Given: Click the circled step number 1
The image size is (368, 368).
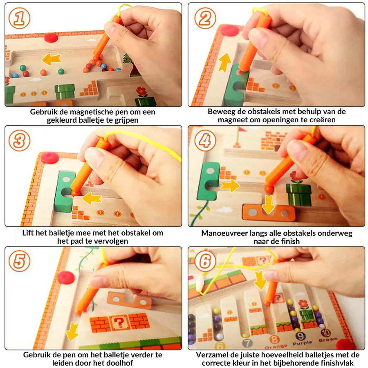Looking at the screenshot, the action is (x=20, y=18).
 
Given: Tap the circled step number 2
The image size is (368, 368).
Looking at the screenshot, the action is (x=205, y=18).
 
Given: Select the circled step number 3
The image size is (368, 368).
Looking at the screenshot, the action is (x=20, y=140).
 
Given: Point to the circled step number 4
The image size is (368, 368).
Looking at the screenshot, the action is (x=205, y=140).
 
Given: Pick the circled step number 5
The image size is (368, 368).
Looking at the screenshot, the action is (x=20, y=261).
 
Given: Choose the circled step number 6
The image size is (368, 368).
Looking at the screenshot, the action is (x=205, y=261).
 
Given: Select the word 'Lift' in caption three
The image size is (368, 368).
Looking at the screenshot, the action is (x=27, y=233).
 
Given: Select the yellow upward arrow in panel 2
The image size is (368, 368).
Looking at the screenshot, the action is (x=225, y=62).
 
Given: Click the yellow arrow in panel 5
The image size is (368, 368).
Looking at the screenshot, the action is (x=72, y=331).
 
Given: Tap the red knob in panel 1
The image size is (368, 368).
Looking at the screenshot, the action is (x=51, y=38).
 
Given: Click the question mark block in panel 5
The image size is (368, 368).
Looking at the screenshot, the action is (x=119, y=323).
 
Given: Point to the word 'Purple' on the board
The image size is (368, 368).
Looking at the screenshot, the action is (x=302, y=343).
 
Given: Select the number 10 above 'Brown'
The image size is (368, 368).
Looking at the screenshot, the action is (x=326, y=332).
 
